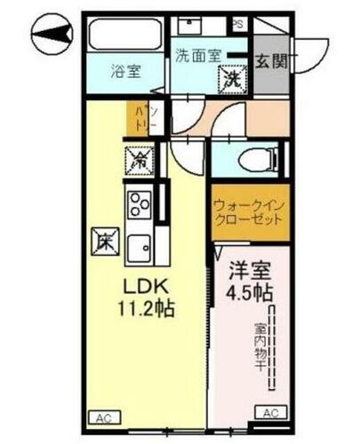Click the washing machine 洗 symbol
231,79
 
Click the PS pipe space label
238,24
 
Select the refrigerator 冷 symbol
140,161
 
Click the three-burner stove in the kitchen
140,203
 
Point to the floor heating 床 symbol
102,241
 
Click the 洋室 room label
249,270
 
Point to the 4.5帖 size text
249,290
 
